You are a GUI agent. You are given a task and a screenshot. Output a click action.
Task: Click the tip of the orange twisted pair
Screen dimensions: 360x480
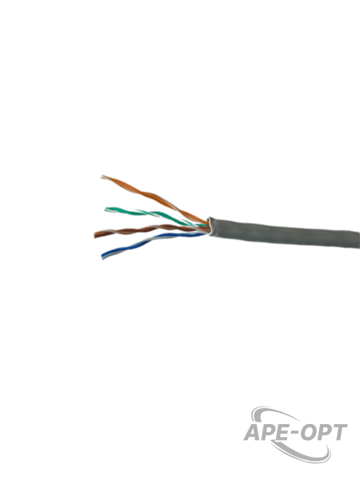[x=102, y=177]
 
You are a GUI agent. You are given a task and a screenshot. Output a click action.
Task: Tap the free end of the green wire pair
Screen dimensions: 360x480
[x=106, y=210]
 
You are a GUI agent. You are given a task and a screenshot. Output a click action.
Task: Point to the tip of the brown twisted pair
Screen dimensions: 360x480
[x=95, y=234]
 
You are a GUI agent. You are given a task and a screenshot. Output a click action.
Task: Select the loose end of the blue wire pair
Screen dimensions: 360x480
[x=103, y=257]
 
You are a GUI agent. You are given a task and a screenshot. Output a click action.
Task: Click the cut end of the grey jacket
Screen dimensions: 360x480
[x=210, y=226]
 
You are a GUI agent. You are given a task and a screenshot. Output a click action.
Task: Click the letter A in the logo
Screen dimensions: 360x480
[x=253, y=433]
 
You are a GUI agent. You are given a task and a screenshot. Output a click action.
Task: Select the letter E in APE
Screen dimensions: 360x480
[x=284, y=433]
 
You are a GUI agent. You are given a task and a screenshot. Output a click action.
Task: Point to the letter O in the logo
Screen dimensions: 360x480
[x=310, y=432]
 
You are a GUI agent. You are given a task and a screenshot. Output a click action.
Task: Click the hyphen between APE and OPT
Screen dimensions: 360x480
[x=296, y=434]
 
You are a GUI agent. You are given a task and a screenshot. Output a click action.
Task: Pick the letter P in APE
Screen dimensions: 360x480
[x=270, y=433]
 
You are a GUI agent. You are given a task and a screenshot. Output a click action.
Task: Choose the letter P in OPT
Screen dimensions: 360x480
[x=325, y=432]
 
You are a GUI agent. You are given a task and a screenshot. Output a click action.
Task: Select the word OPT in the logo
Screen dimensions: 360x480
[x=325, y=432]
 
